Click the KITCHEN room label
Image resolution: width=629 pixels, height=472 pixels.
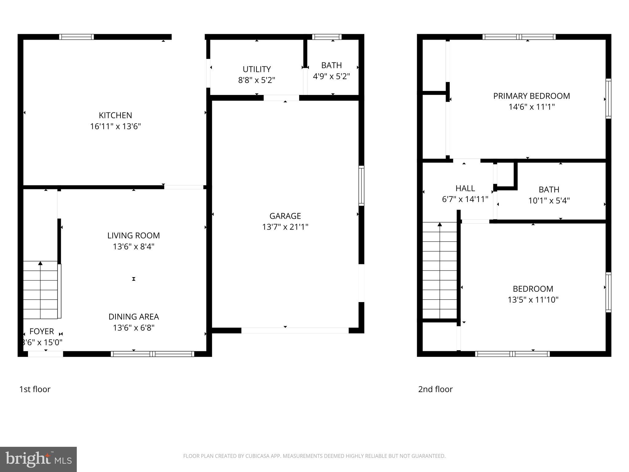(115, 115)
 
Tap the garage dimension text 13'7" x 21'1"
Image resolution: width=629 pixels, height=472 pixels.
(285, 227)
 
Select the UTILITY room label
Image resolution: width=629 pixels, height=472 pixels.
(256, 69)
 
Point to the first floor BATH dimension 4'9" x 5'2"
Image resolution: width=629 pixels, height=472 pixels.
(331, 76)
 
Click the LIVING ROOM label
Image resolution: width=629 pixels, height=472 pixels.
(133, 235)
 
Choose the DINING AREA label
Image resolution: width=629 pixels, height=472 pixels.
(133, 317)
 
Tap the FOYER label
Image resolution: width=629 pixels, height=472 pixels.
(41, 331)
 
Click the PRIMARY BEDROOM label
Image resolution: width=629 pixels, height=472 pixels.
(531, 96)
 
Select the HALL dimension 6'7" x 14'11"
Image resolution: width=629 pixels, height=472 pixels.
(465, 199)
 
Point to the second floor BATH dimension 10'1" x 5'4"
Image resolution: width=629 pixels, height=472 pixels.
(549, 201)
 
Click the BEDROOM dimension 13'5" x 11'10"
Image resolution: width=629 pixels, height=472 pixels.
(533, 300)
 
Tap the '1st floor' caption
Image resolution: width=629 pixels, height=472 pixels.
(35, 389)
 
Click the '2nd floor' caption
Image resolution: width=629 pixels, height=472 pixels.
(435, 389)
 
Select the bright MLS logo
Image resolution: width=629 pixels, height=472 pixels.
(38, 459)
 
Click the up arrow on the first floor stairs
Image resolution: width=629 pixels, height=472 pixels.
(40, 263)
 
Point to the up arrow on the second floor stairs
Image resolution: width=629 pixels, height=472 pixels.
(440, 225)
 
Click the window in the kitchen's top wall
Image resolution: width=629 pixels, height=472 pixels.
(76, 37)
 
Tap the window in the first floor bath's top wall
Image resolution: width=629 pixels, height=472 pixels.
(327, 37)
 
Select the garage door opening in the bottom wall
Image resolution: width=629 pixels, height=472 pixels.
(295, 331)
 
